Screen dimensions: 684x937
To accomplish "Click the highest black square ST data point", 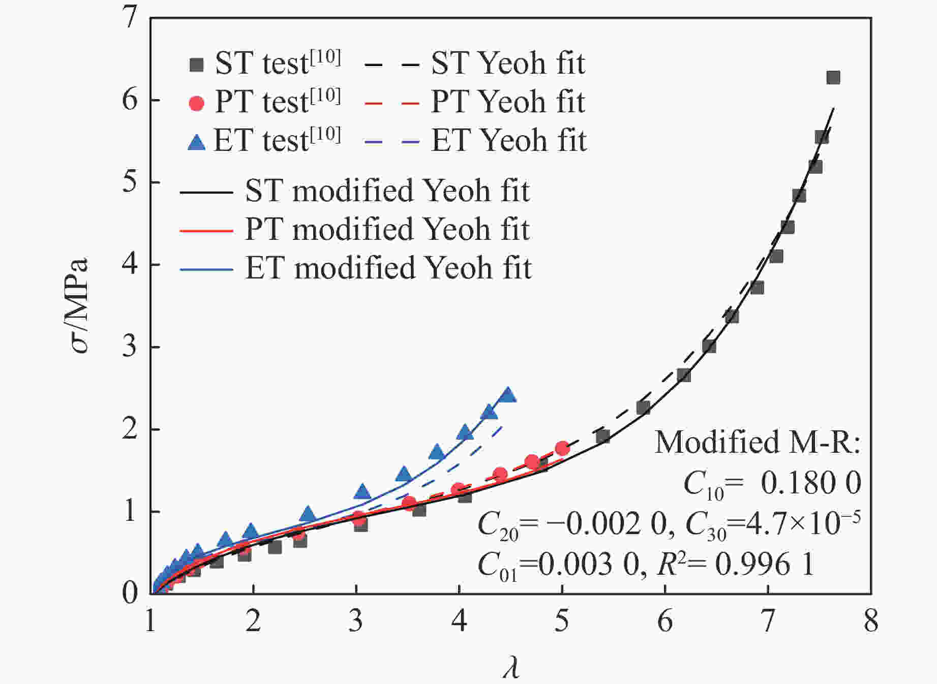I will coord(833,78).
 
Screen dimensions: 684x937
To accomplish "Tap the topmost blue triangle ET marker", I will coord(507,395).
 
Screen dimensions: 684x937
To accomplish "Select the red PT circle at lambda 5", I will coord(562,448).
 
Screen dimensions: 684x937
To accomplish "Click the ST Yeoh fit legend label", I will coord(508,64).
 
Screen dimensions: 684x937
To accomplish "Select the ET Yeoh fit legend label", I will coord(509,141).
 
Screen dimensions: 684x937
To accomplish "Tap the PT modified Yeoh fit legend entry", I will coord(387,229).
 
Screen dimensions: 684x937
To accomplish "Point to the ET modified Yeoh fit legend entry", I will coord(388,268).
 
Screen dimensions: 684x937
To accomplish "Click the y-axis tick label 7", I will coord(130,18).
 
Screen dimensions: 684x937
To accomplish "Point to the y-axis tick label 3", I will coord(130,347).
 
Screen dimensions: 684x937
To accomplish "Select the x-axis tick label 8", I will coord(871,621).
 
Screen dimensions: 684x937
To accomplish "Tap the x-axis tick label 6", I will coord(665,621).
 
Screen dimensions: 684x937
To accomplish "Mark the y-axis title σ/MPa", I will coord(80,305).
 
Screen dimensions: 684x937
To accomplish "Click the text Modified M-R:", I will coord(758,442).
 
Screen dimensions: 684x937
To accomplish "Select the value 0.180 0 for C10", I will coord(811,482).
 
